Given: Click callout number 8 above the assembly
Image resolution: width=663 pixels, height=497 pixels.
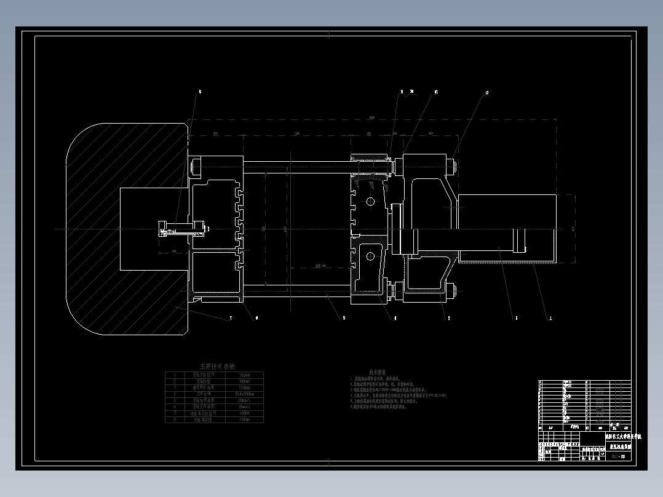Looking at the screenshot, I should (x=199, y=92).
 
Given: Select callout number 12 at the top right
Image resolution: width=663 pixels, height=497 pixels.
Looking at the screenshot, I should (x=486, y=93).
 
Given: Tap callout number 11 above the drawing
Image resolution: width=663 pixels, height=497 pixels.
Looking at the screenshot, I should (x=436, y=92).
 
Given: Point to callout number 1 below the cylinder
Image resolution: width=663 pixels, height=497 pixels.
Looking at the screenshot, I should (x=550, y=318).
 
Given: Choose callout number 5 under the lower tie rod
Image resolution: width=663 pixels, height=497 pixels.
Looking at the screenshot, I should (x=344, y=318).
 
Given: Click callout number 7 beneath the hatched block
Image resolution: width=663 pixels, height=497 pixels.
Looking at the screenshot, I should (x=231, y=318).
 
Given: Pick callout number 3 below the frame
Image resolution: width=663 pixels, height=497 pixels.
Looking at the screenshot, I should (x=449, y=318).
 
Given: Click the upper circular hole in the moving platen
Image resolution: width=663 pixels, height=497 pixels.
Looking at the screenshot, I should (x=370, y=202).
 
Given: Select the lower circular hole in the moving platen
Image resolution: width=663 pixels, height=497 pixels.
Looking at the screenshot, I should (x=370, y=256).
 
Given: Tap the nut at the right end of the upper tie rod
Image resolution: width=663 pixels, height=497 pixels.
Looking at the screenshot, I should (x=453, y=164).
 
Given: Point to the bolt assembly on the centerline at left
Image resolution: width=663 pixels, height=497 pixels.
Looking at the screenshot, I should (x=182, y=229).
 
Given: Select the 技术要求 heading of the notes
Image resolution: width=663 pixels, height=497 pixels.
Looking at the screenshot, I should (x=377, y=372).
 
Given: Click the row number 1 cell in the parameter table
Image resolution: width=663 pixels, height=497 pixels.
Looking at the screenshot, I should (x=175, y=375).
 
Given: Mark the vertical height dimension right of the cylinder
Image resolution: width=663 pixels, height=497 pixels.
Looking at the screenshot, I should (x=573, y=229).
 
